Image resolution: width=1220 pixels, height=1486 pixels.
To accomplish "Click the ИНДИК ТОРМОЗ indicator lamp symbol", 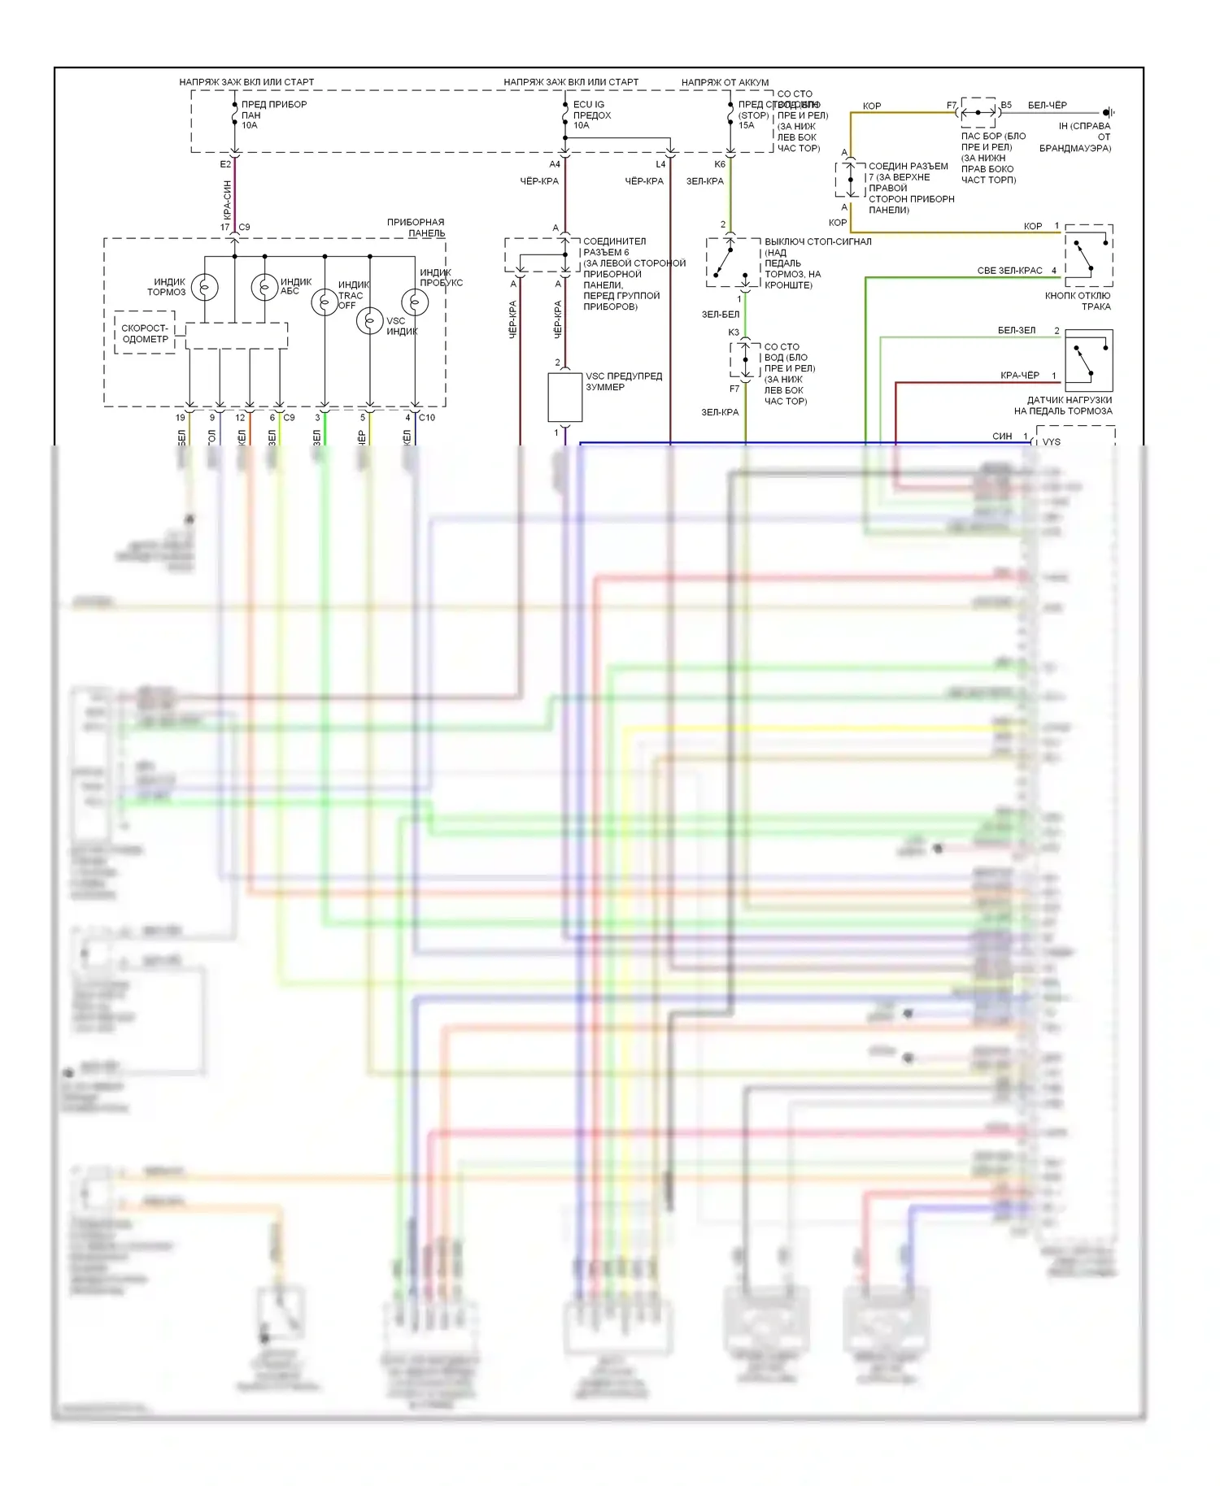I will pyautogui.click(x=204, y=288).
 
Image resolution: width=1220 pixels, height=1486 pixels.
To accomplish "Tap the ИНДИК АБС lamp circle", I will pyautogui.click(x=264, y=287).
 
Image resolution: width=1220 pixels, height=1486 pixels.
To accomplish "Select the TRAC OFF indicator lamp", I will pyautogui.click(x=325, y=302).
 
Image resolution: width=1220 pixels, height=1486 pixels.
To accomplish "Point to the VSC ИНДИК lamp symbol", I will pyautogui.click(x=370, y=322).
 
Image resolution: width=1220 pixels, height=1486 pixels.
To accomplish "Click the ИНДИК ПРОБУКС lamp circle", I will pyautogui.click(x=415, y=302).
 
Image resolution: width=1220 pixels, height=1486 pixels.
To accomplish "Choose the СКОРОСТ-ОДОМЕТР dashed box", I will pyautogui.click(x=145, y=333).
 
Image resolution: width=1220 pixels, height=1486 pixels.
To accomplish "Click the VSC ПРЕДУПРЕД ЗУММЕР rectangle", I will pyautogui.click(x=564, y=398).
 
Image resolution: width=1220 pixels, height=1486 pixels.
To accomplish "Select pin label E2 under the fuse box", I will pyautogui.click(x=225, y=164).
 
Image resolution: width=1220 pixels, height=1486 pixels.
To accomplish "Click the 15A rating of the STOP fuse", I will pyautogui.click(x=747, y=126).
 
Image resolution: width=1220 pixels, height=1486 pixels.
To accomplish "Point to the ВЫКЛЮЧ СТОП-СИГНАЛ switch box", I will pyautogui.click(x=734, y=263).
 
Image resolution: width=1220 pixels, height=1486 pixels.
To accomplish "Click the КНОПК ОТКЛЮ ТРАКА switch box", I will pyautogui.click(x=1088, y=255).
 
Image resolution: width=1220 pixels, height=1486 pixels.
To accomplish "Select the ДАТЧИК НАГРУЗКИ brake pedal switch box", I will pyautogui.click(x=1088, y=361).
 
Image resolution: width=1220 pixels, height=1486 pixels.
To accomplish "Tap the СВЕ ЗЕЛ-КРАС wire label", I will pyautogui.click(x=1009, y=271).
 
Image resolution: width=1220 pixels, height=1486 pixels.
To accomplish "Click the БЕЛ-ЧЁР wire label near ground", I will pyautogui.click(x=1047, y=106).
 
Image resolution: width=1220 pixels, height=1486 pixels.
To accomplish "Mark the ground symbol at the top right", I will pyautogui.click(x=1108, y=112).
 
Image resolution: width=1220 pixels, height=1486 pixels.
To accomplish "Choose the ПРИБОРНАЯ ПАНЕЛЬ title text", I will pyautogui.click(x=416, y=228).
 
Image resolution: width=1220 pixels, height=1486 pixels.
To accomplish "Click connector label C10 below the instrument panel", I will pyautogui.click(x=427, y=418).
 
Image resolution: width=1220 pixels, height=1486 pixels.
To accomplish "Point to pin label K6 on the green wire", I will pyautogui.click(x=720, y=164).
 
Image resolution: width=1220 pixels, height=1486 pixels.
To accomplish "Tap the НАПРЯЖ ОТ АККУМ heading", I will pyautogui.click(x=725, y=82).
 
